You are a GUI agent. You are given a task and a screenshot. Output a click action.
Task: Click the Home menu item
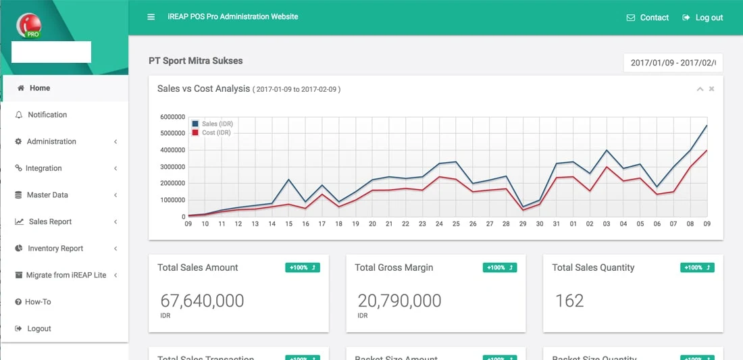(39, 88)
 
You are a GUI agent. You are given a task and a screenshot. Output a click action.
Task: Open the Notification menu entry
(47, 115)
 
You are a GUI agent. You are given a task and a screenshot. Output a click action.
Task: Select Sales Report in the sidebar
(49, 222)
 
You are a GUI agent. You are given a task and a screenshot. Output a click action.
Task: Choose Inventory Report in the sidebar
(55, 249)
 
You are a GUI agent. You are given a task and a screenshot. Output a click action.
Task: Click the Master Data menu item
(47, 195)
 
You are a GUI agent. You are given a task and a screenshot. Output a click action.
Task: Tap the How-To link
(37, 302)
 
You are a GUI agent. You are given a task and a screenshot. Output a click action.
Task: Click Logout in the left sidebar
(39, 329)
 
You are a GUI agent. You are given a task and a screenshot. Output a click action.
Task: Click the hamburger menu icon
(151, 17)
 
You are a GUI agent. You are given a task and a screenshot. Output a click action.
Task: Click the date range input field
(673, 63)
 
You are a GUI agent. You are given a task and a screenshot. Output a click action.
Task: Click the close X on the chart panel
(711, 89)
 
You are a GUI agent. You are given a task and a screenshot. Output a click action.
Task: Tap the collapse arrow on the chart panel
(700, 89)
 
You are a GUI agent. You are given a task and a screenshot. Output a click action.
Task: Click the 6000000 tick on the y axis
(172, 117)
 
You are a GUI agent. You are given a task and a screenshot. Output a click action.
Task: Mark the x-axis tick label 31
(557, 224)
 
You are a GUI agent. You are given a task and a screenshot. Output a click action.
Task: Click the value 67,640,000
(202, 301)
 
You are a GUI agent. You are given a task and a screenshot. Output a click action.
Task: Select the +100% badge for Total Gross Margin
(500, 267)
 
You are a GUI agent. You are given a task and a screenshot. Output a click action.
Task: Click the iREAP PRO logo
(29, 25)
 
